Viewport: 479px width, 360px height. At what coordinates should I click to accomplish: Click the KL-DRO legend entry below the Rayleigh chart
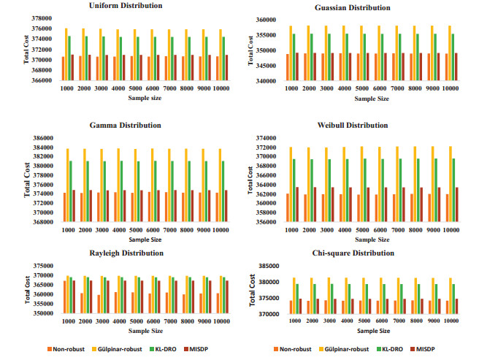178,350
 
